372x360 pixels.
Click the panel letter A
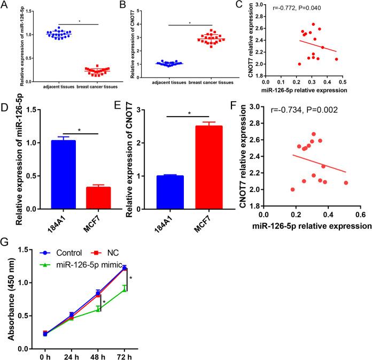pos(6,6)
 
